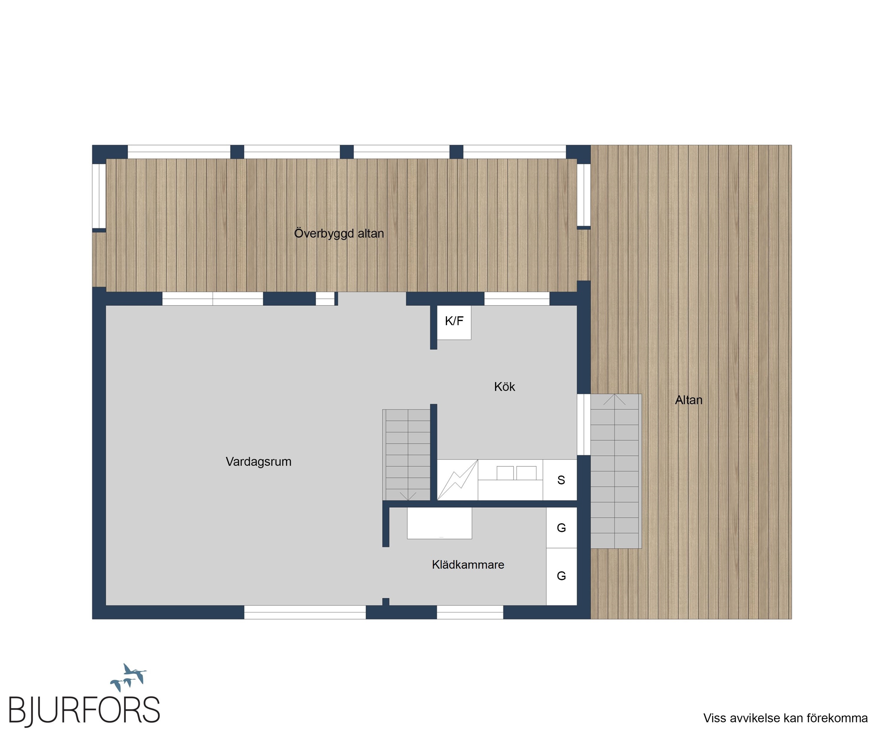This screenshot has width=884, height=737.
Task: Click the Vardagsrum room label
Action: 258,462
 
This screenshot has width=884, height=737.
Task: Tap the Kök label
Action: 504,387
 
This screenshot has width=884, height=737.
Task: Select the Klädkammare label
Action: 468,565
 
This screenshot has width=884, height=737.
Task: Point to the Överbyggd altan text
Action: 339,233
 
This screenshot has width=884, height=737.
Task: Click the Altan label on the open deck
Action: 689,400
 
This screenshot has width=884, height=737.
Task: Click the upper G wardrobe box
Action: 562,528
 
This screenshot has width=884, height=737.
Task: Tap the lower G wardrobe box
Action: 562,576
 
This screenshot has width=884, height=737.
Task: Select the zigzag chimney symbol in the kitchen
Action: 458,480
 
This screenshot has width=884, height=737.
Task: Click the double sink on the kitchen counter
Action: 517,473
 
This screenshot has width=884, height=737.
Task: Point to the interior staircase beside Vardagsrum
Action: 406,455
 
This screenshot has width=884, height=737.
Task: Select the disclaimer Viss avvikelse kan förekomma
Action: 785,718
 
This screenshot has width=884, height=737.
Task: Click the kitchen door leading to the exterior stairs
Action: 583,425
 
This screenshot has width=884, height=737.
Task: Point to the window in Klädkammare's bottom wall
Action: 470,612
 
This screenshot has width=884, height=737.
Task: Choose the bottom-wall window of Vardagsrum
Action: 305,612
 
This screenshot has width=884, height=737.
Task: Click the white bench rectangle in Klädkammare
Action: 440,523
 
